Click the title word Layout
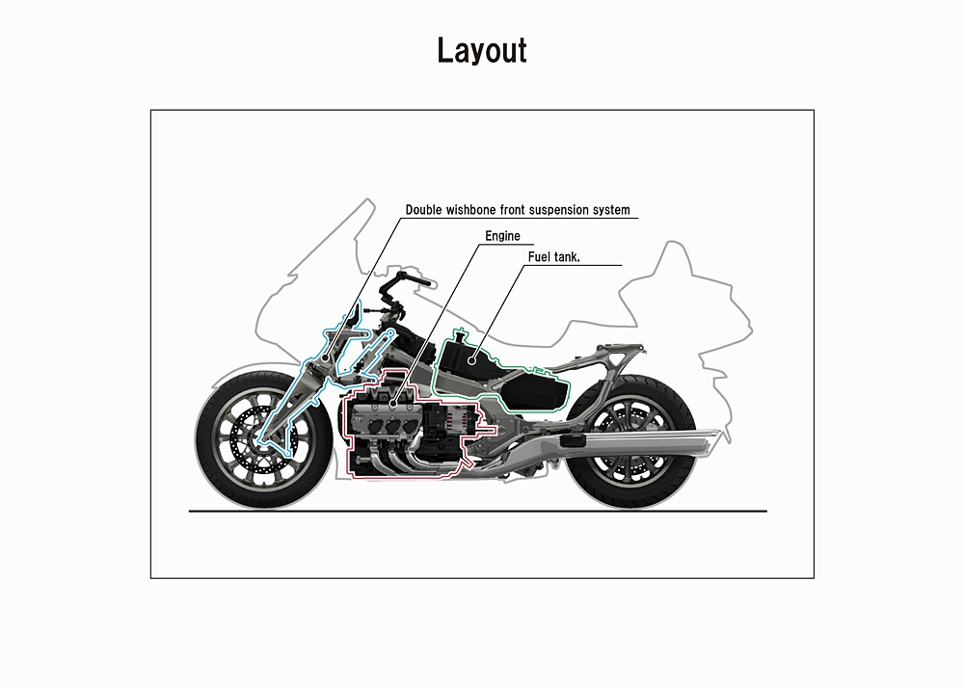[x=482, y=50]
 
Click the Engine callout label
[x=503, y=236]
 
